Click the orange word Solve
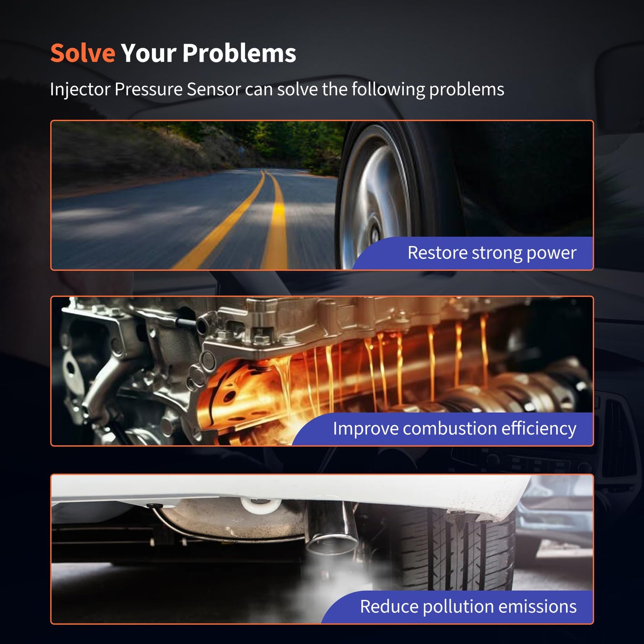click(x=83, y=53)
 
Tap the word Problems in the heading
click(x=239, y=54)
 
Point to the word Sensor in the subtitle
click(x=213, y=90)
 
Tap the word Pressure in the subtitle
click(x=148, y=90)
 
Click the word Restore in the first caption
click(x=437, y=253)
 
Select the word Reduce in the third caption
click(x=389, y=607)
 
